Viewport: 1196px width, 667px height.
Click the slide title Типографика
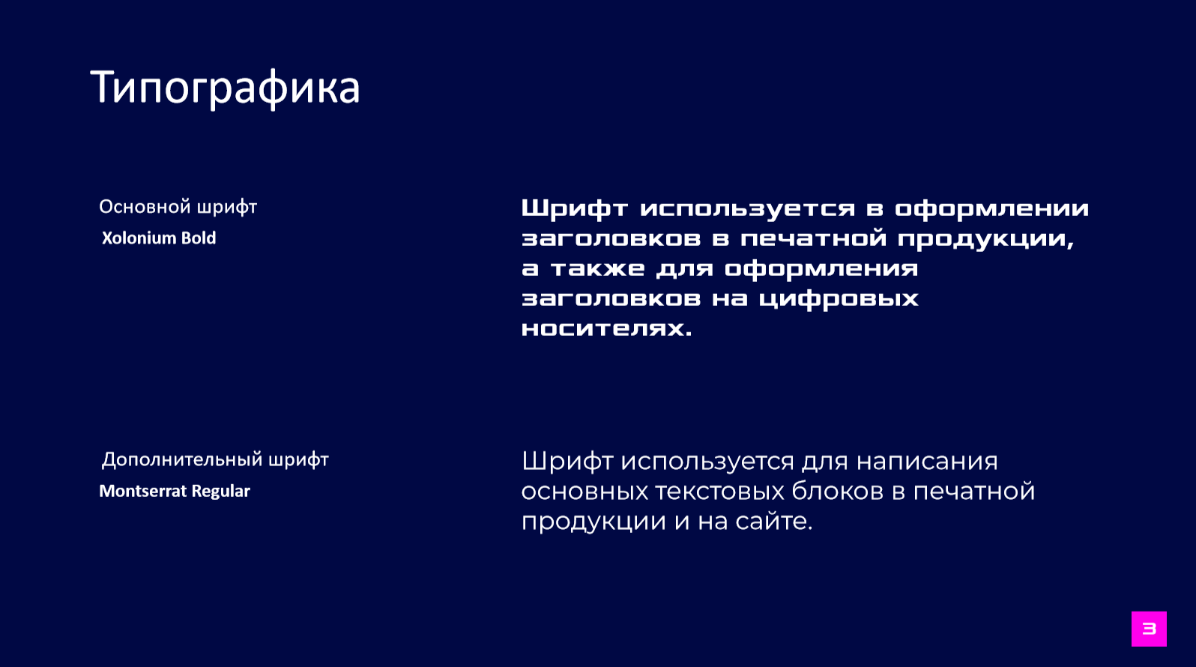(225, 88)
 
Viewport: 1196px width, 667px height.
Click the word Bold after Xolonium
(199, 238)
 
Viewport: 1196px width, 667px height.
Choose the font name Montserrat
(143, 491)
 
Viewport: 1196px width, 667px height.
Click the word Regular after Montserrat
(220, 492)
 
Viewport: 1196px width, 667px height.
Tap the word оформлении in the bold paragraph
(991, 209)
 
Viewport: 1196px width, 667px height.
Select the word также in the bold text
(597, 268)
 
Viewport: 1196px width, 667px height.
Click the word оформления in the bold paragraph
(821, 269)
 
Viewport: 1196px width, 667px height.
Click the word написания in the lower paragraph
(927, 462)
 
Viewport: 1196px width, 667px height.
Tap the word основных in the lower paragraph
(585, 492)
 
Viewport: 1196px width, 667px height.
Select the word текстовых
(719, 492)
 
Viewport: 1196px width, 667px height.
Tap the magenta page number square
(1149, 629)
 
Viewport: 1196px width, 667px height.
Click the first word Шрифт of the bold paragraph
(574, 209)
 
